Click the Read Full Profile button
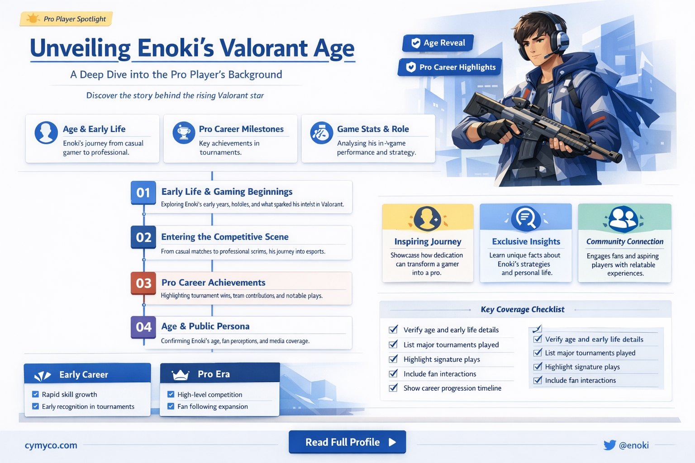347,442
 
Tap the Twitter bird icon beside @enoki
609,445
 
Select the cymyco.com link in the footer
51,445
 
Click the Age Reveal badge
438,43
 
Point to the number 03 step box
143,283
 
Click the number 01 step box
143,193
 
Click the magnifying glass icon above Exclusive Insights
526,218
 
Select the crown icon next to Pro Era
180,375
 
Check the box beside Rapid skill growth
35,394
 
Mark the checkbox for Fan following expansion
171,406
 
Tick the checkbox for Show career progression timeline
393,388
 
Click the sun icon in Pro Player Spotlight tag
33,19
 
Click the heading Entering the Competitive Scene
224,237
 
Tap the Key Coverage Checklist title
522,309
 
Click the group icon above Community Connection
623,218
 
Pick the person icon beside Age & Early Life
46,133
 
